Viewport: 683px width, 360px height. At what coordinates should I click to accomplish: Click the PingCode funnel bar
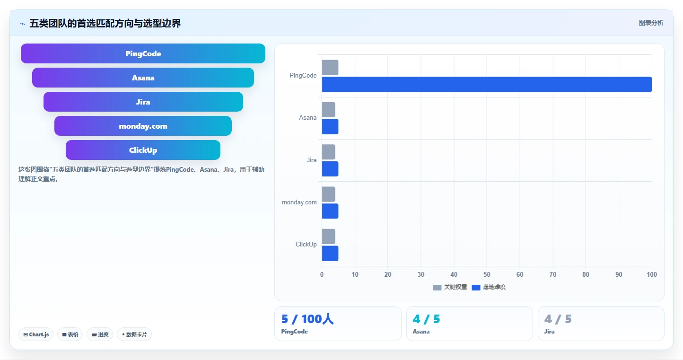tap(143, 53)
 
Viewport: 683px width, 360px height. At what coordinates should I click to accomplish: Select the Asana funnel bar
tap(143, 78)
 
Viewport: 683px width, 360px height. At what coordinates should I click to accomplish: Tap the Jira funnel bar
tap(143, 102)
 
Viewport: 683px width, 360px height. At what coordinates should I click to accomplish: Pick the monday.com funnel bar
tap(143, 126)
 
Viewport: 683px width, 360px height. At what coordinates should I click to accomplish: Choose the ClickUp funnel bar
tap(143, 150)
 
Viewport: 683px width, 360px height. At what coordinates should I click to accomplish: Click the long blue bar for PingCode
tap(487, 84)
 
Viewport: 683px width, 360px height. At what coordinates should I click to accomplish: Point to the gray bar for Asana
tap(328, 110)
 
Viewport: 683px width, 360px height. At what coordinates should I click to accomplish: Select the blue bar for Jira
tap(330, 169)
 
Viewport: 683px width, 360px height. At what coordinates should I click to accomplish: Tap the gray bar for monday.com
tap(328, 194)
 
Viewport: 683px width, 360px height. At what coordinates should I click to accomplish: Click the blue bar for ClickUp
tap(330, 253)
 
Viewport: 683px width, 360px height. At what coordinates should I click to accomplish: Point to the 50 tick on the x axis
tap(487, 274)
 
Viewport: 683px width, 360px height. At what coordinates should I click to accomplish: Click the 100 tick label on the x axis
tap(652, 274)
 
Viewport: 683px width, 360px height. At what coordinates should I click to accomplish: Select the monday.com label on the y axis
tap(299, 202)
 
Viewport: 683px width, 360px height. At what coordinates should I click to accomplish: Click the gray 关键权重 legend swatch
tap(437, 288)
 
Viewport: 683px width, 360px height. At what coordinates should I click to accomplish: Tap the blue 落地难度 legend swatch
tap(476, 288)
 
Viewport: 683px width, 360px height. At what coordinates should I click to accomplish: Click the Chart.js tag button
tap(36, 334)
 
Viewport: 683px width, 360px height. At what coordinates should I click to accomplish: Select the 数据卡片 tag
tap(134, 334)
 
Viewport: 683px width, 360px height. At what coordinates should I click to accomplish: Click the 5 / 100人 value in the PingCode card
tap(307, 319)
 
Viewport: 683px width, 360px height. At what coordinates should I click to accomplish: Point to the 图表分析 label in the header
tap(651, 23)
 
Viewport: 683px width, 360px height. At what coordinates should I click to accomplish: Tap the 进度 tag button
tap(100, 334)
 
